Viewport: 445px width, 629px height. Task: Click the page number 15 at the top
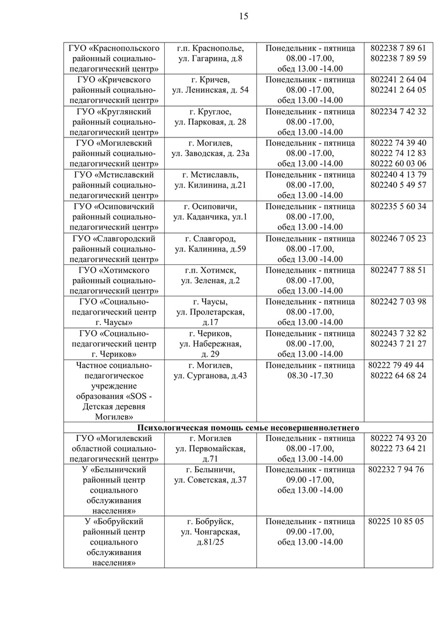click(243, 16)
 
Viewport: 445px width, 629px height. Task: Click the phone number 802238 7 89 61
click(398, 48)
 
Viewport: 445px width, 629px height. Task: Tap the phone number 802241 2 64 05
click(398, 90)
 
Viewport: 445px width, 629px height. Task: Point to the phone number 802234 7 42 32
click(398, 111)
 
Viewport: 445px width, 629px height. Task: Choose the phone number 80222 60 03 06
click(398, 164)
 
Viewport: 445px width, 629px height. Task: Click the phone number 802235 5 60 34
click(398, 206)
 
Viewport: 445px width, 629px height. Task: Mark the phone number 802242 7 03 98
click(398, 301)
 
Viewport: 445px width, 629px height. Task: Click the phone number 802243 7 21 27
click(398, 344)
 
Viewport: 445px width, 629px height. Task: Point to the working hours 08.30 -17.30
click(310, 376)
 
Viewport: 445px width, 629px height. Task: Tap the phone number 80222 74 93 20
click(398, 438)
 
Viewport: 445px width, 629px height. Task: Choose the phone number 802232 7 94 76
click(398, 469)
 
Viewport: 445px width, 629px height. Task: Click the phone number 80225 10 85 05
click(396, 521)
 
